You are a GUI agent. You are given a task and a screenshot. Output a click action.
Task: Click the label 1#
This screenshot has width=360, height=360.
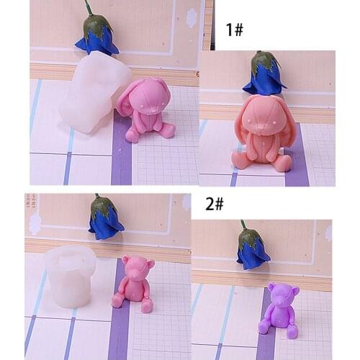(235, 30)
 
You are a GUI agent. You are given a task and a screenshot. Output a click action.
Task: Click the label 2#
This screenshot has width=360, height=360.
(215, 204)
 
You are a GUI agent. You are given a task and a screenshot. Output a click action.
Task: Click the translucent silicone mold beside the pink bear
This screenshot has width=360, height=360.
(69, 274)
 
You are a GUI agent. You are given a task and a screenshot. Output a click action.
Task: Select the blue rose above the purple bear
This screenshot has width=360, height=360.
(253, 251)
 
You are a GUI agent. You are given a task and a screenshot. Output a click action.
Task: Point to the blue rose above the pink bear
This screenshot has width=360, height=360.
(105, 220)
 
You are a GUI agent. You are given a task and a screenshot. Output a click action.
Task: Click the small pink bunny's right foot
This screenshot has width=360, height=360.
(167, 130)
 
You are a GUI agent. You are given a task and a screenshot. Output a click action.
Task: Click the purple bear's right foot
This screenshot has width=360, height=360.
(292, 332)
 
